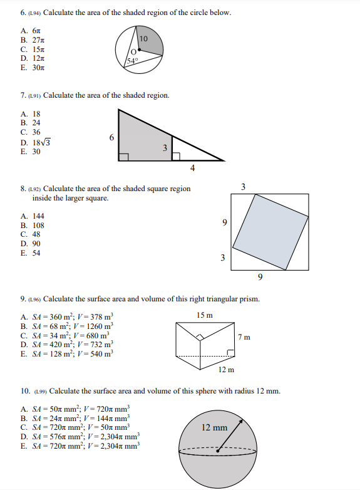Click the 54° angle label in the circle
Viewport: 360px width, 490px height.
(132, 61)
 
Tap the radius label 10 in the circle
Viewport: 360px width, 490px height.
(143, 39)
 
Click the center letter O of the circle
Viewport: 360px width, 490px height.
(133, 52)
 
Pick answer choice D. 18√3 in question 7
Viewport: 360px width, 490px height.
(35, 142)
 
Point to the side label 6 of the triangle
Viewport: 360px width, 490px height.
(111, 137)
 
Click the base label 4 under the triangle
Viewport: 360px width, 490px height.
(192, 168)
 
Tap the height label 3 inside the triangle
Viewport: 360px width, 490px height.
(165, 148)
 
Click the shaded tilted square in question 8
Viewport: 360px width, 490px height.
(270, 230)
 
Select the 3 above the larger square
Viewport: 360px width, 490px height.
(243, 186)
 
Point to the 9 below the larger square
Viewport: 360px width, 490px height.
(260, 276)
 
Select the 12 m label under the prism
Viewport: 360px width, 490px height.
(227, 369)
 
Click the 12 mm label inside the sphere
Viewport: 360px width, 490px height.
(215, 428)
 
